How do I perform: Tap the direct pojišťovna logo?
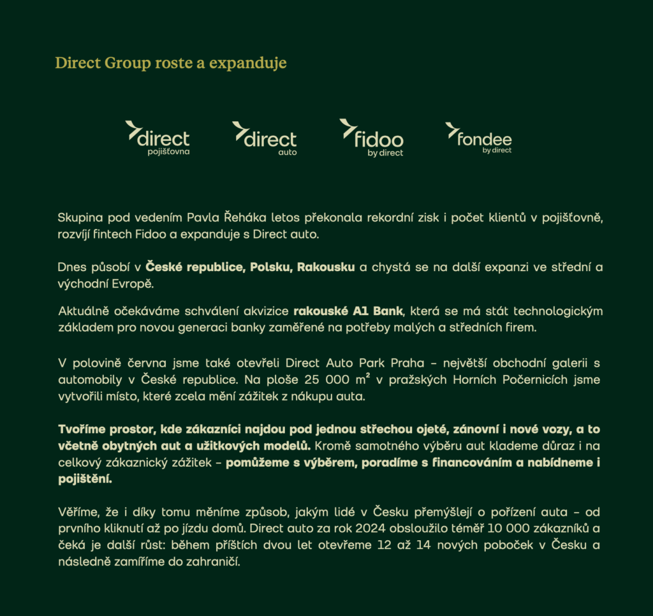[158, 136]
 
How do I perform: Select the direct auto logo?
[265, 136]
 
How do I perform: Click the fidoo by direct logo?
[372, 136]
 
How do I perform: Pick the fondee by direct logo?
[479, 137]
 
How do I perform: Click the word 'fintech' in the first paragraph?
[114, 234]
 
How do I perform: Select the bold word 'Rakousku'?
[326, 267]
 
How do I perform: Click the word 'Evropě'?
[136, 283]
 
